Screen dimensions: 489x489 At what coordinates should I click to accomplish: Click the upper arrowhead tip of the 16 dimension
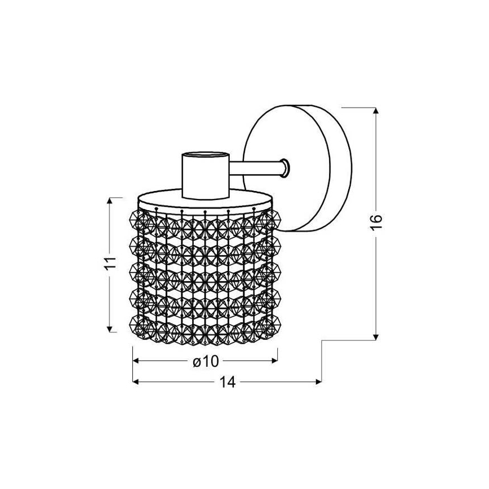376,108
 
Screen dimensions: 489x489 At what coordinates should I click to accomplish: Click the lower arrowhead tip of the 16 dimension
376,340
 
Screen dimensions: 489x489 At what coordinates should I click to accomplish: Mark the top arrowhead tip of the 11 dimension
109,198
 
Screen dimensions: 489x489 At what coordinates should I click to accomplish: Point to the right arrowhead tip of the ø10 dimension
277,361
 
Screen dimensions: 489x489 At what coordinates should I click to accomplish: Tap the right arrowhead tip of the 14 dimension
322,381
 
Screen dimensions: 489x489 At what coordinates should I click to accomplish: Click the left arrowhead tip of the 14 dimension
133,381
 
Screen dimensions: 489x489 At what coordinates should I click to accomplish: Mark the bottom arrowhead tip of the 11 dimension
109,332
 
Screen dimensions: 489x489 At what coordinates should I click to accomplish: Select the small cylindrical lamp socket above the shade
206,176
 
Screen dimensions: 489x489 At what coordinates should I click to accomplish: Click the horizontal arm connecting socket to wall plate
256,168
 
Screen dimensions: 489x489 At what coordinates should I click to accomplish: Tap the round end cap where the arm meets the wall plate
285,168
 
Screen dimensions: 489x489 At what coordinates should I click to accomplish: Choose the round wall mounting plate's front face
286,168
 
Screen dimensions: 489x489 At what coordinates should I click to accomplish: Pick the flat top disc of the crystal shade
206,199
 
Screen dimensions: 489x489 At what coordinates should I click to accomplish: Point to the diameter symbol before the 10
197,362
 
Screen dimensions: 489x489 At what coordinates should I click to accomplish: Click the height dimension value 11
109,264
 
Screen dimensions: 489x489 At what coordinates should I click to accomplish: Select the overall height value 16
376,222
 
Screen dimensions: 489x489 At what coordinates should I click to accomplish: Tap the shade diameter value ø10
206,362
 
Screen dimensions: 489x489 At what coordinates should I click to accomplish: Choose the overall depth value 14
228,382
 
